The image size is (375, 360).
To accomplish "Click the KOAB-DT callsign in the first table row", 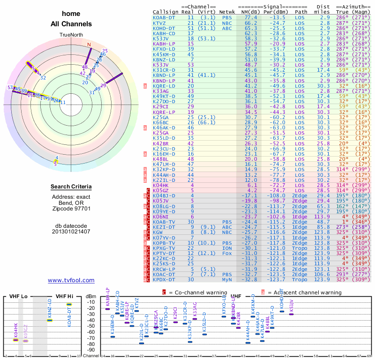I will point(165,17).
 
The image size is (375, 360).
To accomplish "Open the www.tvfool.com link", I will point(71,281).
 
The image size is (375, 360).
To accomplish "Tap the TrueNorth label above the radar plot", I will point(71,35).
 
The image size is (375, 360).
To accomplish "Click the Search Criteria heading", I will point(71,187).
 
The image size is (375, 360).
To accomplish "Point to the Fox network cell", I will point(226,253).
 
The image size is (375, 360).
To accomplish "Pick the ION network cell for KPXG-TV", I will point(226,248).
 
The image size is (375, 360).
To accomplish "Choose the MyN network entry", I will point(226,279).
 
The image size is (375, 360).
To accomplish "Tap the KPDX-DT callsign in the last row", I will point(165,279).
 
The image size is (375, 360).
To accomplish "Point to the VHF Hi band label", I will point(64,296).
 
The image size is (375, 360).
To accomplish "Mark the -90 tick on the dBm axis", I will point(91,350).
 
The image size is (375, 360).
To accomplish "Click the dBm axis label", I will point(91,296).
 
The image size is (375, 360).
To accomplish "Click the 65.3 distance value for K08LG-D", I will point(325,206).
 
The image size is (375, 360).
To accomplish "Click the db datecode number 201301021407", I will point(71,231).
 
